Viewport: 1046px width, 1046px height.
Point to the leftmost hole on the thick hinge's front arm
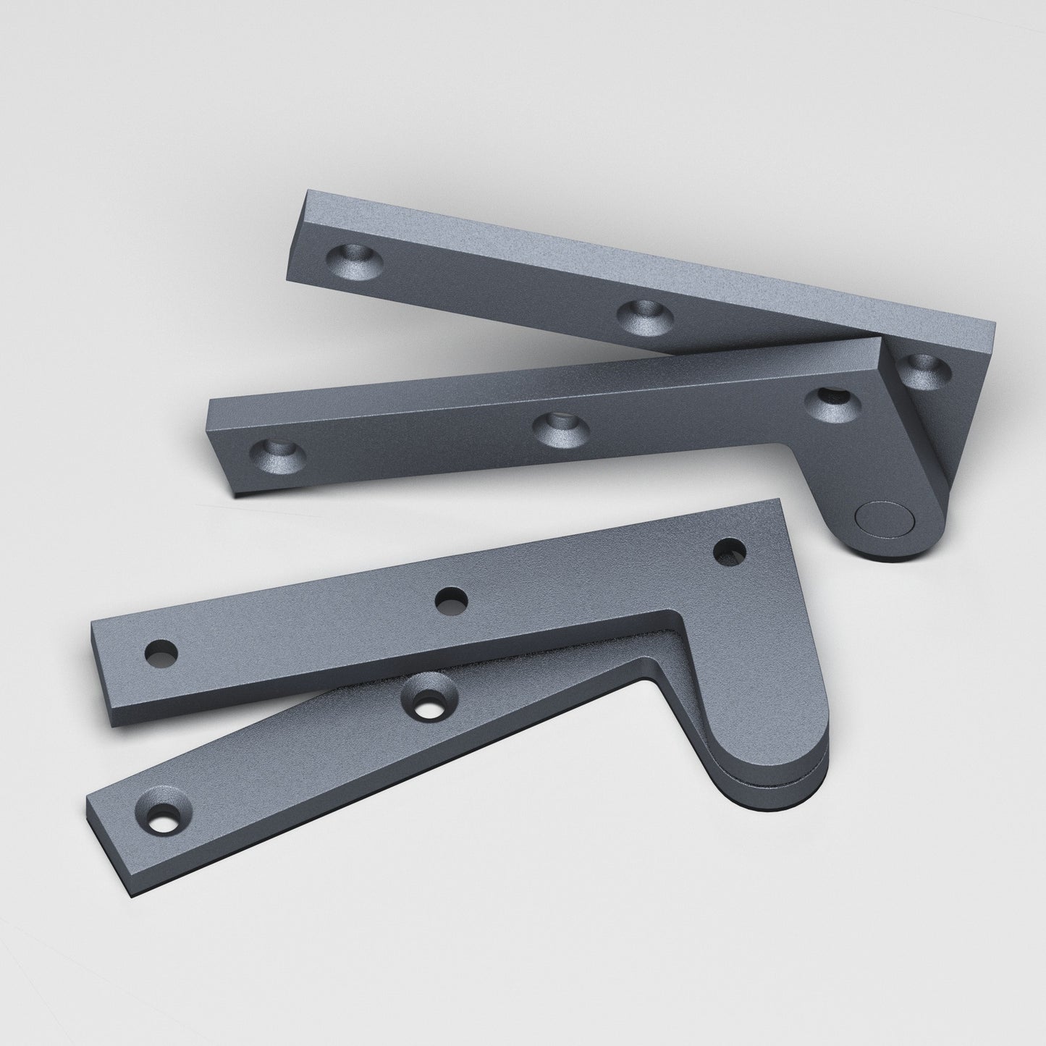tap(277, 455)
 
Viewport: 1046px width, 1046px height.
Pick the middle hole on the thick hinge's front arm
tap(560, 428)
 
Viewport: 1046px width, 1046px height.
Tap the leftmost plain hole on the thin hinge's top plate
tap(161, 654)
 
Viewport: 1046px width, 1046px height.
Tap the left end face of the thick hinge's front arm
tap(219, 450)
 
